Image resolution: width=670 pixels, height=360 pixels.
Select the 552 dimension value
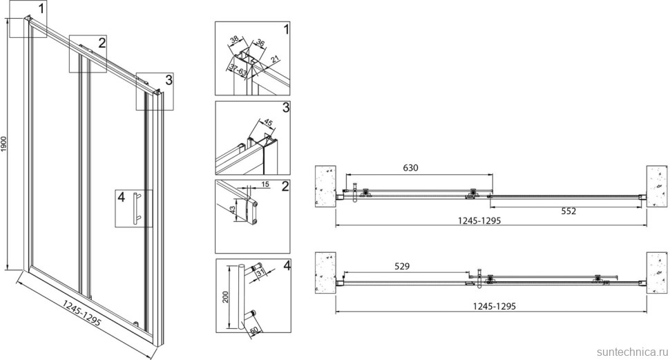(x=568, y=211)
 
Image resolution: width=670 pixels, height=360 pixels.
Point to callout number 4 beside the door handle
(x=121, y=198)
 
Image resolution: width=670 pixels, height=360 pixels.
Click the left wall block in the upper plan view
(x=325, y=187)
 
